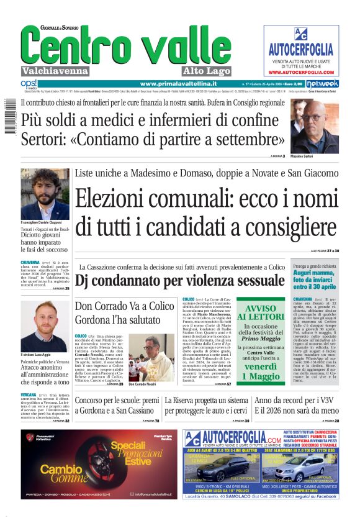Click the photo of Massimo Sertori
pos(314,127)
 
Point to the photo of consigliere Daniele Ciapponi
pos(45,193)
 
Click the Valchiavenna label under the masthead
pos(55,70)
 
